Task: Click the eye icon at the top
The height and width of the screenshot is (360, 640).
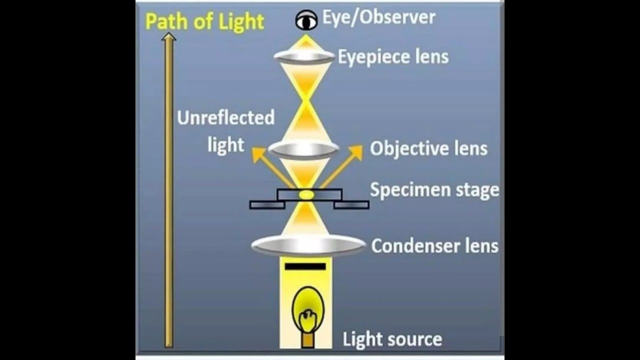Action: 306,20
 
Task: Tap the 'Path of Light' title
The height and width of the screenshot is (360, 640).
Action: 204,21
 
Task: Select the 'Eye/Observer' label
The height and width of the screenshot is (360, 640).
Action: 379,17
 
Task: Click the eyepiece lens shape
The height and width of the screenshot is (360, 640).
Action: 304,56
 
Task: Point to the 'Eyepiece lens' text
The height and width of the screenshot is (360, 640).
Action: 393,57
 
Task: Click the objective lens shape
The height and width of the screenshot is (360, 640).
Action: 304,149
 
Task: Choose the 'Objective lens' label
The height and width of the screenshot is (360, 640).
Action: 428,149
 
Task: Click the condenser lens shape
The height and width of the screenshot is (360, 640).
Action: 308,245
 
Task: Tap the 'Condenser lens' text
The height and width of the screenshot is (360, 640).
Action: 435,245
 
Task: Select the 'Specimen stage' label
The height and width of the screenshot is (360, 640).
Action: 434,190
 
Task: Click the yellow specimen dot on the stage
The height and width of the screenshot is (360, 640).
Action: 306,195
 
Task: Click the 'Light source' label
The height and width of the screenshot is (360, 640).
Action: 392,339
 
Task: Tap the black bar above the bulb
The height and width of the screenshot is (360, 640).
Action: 305,266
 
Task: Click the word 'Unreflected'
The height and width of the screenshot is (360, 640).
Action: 225,117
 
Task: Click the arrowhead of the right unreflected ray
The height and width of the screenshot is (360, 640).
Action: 356,152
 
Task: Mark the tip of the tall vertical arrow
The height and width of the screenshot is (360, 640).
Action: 169,32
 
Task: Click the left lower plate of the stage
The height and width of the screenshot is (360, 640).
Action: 267,205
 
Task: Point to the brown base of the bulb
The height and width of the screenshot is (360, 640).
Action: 307,341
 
